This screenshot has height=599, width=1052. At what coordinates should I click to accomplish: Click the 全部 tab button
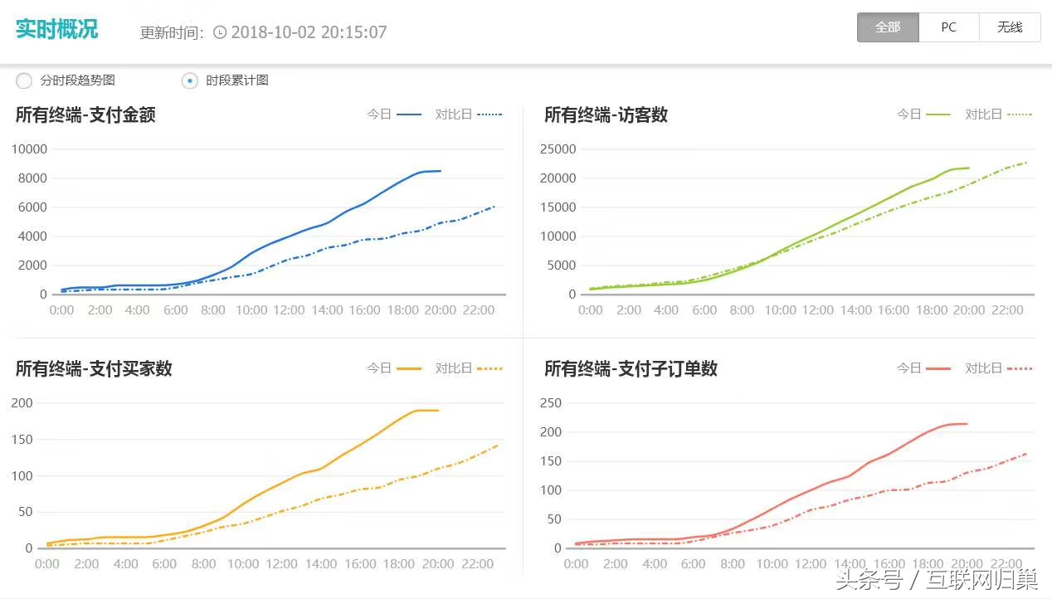[888, 27]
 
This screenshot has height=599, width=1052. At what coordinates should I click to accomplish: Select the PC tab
[948, 27]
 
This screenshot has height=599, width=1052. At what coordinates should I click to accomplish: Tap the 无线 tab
[1010, 27]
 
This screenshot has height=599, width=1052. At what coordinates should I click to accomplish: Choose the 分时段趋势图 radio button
[25, 80]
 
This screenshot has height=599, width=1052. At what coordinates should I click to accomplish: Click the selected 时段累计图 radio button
[190, 80]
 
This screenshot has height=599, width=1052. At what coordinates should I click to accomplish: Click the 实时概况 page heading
[56, 29]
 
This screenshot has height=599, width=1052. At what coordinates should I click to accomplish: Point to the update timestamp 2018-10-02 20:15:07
[309, 32]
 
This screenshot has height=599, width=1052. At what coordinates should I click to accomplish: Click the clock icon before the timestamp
[220, 32]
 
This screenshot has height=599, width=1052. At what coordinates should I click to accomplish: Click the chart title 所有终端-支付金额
[85, 115]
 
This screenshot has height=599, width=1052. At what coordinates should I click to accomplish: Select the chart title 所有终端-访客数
[606, 115]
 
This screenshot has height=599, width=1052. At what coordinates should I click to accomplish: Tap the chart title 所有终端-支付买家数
[94, 368]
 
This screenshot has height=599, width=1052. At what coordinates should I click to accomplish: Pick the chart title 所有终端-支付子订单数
[631, 368]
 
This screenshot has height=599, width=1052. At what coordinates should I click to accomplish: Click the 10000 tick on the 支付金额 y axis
[29, 149]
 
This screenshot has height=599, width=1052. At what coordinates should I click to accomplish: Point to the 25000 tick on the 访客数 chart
[558, 149]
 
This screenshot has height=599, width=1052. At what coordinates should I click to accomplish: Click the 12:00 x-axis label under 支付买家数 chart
[281, 564]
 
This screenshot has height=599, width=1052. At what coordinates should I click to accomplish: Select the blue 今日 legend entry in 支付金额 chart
[394, 114]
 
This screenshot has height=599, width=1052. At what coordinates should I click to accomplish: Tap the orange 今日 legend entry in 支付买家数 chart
[394, 368]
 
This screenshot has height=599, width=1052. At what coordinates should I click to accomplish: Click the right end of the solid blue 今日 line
[440, 171]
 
